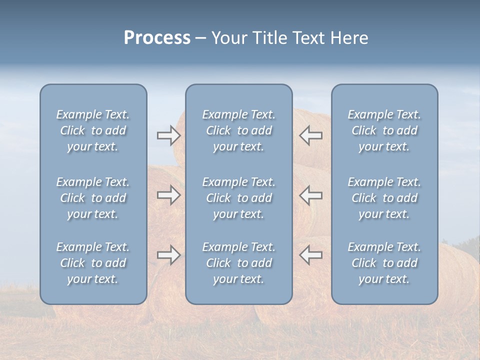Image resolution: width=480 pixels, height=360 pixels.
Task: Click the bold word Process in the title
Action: [157, 38]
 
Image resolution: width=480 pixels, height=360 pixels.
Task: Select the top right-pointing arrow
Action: [168, 135]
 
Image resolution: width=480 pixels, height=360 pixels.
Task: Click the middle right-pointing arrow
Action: [168, 195]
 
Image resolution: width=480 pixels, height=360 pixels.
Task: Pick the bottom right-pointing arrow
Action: [168, 255]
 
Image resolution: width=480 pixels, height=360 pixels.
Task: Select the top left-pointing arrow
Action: [310, 135]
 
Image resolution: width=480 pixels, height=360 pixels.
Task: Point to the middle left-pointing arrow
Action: [310, 195]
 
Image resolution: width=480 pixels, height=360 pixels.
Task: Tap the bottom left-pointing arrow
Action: [310, 255]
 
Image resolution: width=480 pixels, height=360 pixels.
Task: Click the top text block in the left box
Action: [93, 130]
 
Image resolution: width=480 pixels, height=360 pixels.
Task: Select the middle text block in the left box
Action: [93, 198]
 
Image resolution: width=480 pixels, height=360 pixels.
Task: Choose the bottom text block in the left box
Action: [93, 263]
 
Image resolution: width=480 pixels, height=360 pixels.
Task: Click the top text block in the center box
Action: [238, 130]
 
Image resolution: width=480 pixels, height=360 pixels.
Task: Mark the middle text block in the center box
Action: [238, 198]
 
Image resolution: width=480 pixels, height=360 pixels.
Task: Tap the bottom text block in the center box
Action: [238, 263]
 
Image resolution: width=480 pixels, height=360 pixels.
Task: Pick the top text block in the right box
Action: [384, 130]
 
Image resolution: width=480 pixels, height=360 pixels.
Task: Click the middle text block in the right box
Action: [384, 198]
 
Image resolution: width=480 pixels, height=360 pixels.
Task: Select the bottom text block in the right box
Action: [384, 263]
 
